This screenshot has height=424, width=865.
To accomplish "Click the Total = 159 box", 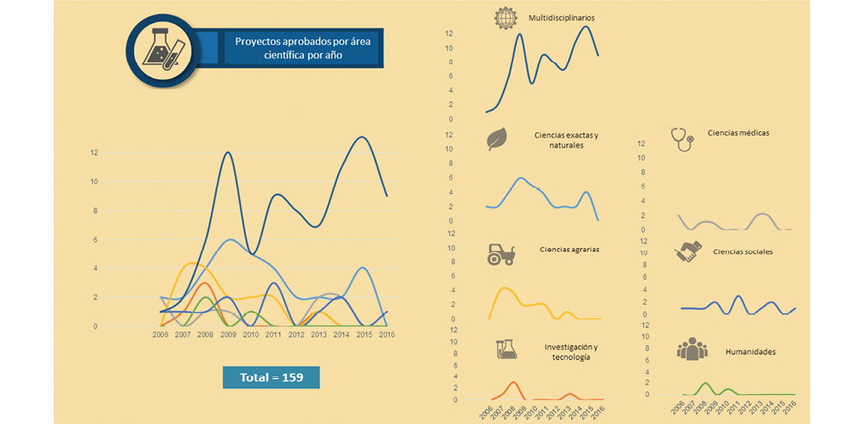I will pyautogui.click(x=271, y=376).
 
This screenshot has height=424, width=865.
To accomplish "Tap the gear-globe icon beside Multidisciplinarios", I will pyautogui.click(x=506, y=18).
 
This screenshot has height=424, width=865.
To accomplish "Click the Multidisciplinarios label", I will pyautogui.click(x=561, y=17).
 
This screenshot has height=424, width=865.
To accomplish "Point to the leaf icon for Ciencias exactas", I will pyautogui.click(x=496, y=139).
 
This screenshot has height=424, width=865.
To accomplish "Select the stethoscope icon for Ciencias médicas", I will pyautogui.click(x=682, y=138).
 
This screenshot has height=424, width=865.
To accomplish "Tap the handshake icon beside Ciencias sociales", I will pyautogui.click(x=687, y=252).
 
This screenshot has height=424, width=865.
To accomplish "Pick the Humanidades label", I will pyautogui.click(x=750, y=351).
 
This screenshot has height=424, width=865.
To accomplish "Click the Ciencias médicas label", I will pyautogui.click(x=739, y=133).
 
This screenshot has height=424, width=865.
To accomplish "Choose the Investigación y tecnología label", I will pyautogui.click(x=570, y=352).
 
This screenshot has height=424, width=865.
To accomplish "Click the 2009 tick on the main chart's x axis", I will pyautogui.click(x=227, y=335).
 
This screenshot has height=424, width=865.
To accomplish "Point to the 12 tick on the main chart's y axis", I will pyautogui.click(x=94, y=153).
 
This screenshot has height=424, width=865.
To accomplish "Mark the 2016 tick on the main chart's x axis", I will pyautogui.click(x=386, y=335).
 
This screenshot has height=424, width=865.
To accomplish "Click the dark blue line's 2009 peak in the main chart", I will pyautogui.click(x=228, y=153).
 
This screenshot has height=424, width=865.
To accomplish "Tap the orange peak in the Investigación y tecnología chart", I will pyautogui.click(x=512, y=382).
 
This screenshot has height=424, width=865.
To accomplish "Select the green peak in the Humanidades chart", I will pyautogui.click(x=705, y=384).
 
